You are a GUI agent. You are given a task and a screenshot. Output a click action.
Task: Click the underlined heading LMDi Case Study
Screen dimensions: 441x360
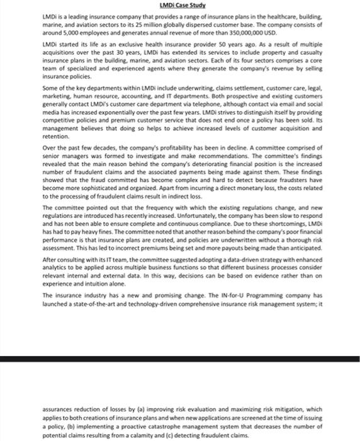(x=179, y=5)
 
